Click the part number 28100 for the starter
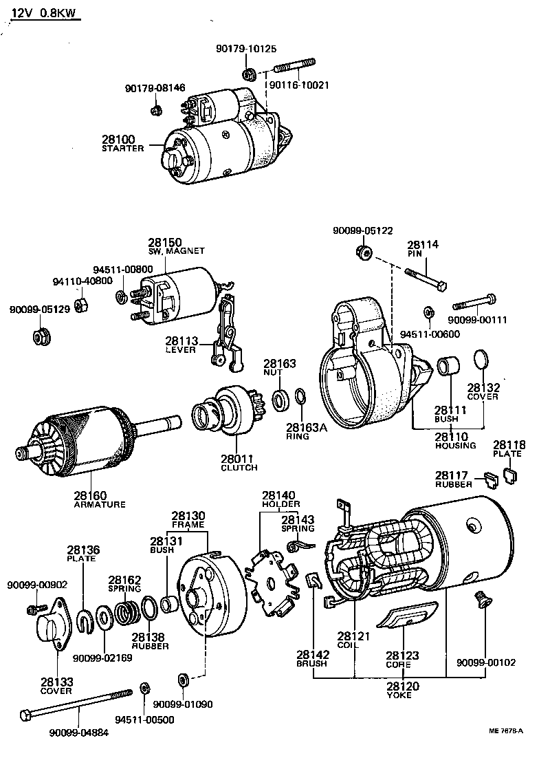(x=118, y=140)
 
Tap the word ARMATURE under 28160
(x=100, y=505)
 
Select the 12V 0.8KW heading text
(x=44, y=13)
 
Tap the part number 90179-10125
(x=246, y=48)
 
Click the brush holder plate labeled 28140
(x=272, y=583)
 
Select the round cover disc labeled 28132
(x=481, y=361)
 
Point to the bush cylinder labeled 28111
(x=449, y=366)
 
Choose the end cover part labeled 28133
(x=54, y=620)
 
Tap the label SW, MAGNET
(x=176, y=251)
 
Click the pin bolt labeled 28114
(x=426, y=279)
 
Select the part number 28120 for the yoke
(x=403, y=686)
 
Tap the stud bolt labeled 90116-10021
(x=295, y=66)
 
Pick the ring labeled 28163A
(x=300, y=396)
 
